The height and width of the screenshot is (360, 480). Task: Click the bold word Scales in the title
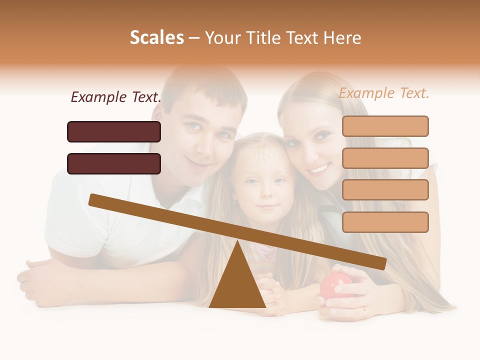[156, 37]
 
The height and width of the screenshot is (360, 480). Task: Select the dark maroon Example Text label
[116, 97]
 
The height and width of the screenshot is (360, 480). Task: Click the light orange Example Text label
[384, 93]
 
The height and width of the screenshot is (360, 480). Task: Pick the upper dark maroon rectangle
[114, 131]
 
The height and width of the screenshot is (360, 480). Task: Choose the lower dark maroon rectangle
[114, 163]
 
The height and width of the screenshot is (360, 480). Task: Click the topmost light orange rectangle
[385, 126]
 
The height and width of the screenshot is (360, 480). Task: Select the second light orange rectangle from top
[385, 158]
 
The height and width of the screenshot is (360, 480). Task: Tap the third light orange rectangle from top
[385, 190]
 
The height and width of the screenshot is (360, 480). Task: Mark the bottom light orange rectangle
[385, 222]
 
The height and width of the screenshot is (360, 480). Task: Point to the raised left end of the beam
[93, 199]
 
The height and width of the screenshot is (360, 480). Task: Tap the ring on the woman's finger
[364, 310]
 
